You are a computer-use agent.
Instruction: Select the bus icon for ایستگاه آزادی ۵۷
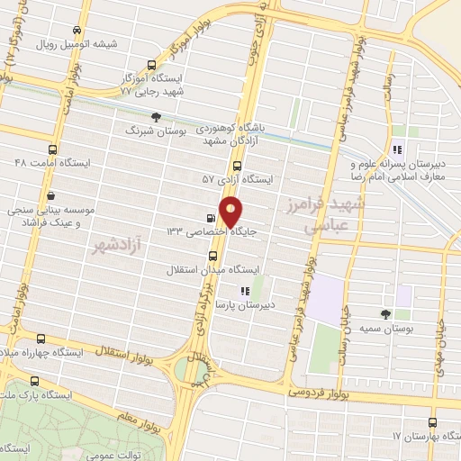237,166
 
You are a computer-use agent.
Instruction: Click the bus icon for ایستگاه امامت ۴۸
52,149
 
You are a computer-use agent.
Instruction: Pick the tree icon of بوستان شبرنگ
157,116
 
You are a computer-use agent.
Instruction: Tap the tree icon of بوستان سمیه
386,313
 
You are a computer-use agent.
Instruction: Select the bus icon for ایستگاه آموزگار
151,64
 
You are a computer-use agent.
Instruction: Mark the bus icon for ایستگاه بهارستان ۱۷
433,421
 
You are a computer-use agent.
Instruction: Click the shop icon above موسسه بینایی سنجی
50,195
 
